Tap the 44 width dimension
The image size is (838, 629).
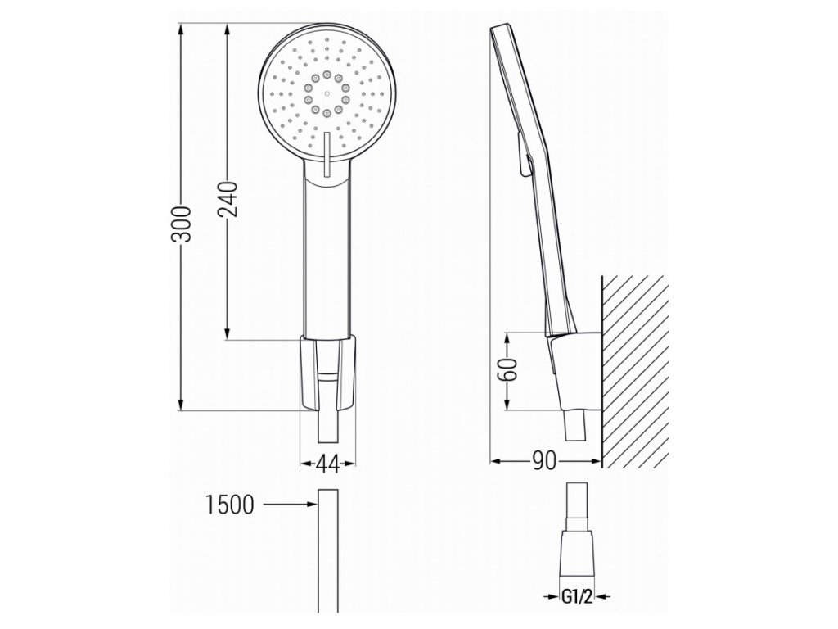tap(327, 464)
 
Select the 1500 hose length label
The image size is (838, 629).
tap(230, 505)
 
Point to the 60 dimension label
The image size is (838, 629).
tap(509, 369)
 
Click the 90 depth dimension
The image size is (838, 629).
tap(544, 460)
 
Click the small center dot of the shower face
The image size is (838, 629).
tap(326, 93)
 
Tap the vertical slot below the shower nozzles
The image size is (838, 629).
tap(326, 155)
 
